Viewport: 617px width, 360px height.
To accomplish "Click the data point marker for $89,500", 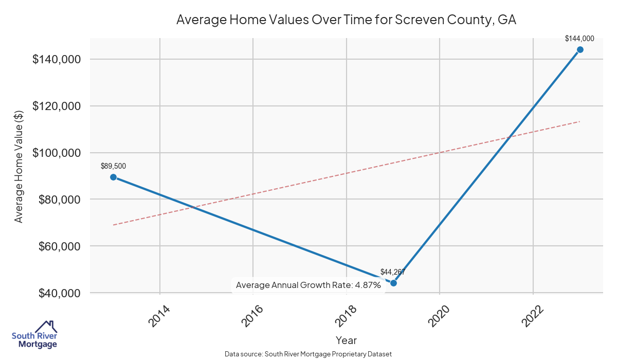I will [113, 177].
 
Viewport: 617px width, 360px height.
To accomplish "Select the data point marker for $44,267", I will [393, 283].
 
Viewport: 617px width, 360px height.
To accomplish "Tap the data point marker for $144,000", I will [580, 49].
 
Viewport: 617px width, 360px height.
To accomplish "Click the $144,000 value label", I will [579, 39].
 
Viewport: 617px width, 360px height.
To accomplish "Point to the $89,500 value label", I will [113, 166].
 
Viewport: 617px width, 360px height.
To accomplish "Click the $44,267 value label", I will [393, 272].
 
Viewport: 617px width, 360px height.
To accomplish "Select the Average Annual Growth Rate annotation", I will [308, 285].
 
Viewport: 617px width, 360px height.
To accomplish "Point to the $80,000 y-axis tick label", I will [59, 200].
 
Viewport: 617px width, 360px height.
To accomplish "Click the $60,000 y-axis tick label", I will [59, 246].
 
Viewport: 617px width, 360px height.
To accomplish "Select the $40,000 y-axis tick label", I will [59, 293].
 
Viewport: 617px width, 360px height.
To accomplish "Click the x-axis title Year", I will [346, 340].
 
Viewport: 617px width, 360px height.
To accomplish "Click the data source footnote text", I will [308, 354].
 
